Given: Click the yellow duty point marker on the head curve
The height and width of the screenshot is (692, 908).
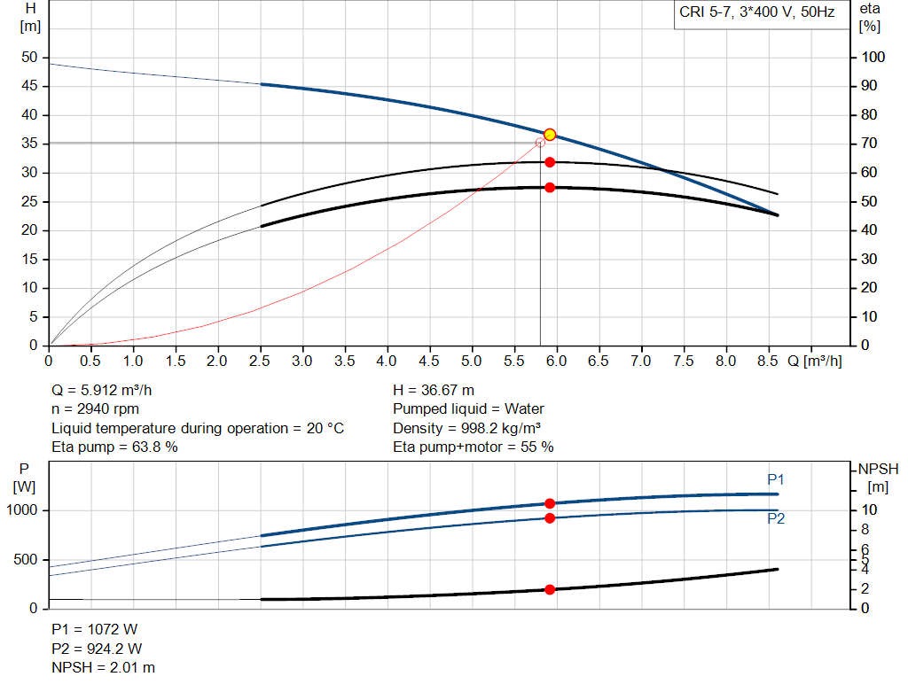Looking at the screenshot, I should click(x=550, y=135).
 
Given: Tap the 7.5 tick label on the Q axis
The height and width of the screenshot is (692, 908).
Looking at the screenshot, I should click(x=684, y=362).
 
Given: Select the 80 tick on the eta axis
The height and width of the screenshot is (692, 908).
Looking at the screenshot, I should click(x=873, y=115).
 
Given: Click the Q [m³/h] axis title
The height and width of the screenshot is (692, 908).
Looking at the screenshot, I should click(x=815, y=362).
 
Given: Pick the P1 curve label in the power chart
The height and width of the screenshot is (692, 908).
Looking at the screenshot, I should click(x=776, y=479).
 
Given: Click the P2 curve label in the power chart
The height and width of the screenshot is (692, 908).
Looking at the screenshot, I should click(x=776, y=519).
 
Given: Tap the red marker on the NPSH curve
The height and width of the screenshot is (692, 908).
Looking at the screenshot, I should click(x=550, y=589).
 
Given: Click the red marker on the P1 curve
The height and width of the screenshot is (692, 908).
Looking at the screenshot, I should click(x=550, y=503).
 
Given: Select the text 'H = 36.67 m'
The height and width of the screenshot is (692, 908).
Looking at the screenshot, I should click(x=434, y=390).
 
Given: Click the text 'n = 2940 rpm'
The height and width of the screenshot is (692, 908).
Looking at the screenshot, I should click(x=96, y=409).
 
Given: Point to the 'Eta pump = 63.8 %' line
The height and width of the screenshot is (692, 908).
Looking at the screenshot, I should click(x=115, y=447).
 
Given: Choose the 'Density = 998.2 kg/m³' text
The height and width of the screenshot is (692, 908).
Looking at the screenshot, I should click(x=468, y=428).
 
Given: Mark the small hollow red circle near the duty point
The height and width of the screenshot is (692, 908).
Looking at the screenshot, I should click(x=540, y=143).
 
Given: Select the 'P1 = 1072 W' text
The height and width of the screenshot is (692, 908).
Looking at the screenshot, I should click(x=95, y=629).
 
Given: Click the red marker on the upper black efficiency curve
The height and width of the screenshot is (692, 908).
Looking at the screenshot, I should click(x=550, y=162).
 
